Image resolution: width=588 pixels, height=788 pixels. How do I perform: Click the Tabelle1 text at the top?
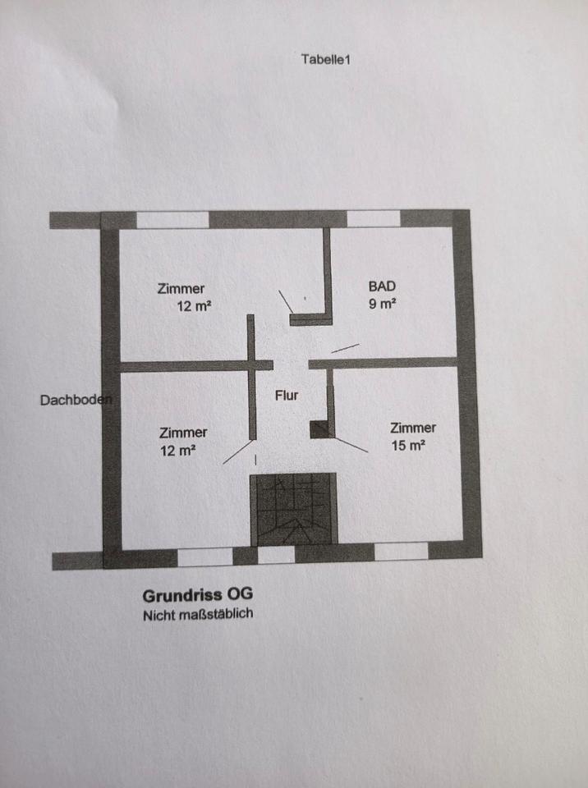(326, 59)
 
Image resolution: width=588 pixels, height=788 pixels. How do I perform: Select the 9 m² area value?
(383, 303)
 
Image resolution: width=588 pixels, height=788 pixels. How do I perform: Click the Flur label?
(287, 395)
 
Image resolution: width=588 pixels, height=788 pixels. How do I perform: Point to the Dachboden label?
(75, 400)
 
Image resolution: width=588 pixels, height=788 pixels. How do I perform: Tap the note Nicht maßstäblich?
(197, 614)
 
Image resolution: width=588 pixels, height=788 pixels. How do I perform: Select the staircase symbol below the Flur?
(293, 508)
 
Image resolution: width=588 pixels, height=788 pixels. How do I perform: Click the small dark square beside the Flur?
(319, 428)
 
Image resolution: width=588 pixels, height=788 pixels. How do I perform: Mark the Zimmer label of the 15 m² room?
(413, 428)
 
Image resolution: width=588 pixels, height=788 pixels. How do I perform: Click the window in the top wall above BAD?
(374, 219)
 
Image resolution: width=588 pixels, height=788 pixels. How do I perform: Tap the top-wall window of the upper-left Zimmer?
(172, 220)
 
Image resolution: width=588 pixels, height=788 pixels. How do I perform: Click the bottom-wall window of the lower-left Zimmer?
(204, 557)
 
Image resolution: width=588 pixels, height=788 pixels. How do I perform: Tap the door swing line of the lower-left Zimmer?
(237, 451)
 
